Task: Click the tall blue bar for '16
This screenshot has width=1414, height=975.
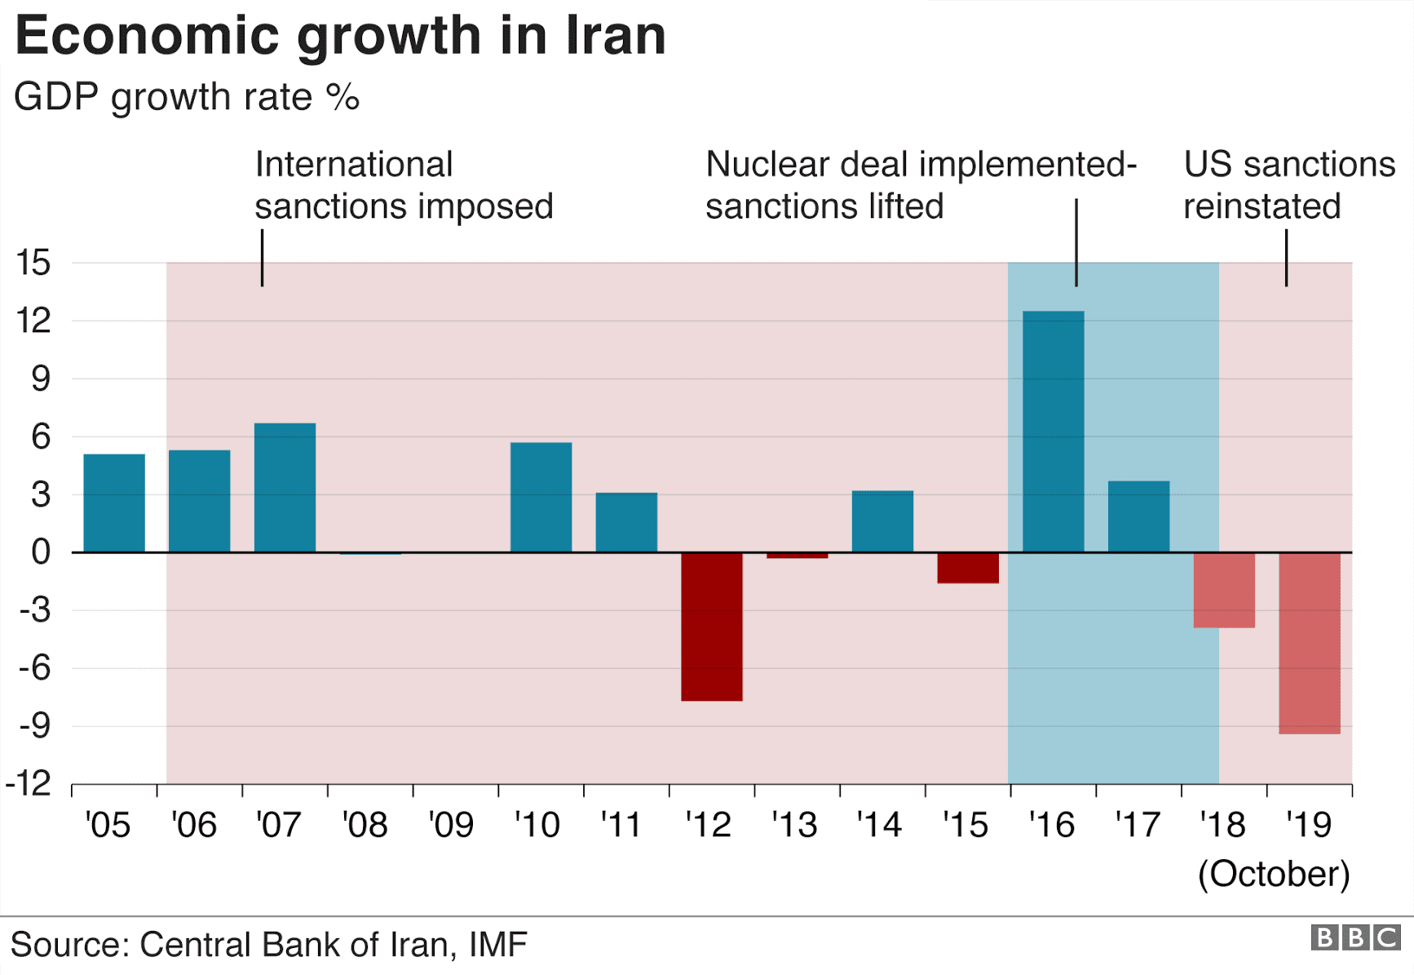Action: (1053, 432)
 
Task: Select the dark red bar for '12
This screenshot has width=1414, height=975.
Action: (711, 626)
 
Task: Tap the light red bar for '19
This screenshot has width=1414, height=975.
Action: (1309, 643)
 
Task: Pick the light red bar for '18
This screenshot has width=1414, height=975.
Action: (1223, 590)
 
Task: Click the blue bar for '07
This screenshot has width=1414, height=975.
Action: (285, 487)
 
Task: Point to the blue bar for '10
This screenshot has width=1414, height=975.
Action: (541, 497)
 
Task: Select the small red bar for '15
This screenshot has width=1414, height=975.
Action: (967, 568)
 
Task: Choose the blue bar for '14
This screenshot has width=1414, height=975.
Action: (882, 521)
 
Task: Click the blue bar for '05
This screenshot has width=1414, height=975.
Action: (114, 503)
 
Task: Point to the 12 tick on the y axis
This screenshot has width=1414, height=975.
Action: (33, 321)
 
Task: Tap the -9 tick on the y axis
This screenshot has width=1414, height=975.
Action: (33, 725)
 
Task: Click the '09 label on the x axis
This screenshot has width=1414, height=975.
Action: (451, 825)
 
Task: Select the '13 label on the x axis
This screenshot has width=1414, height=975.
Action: (793, 825)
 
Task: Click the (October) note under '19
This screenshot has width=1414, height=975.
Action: (1273, 874)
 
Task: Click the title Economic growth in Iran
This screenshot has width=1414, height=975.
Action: (340, 36)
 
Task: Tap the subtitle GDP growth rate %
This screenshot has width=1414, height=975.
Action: (186, 97)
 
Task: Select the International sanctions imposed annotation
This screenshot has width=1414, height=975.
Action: (403, 185)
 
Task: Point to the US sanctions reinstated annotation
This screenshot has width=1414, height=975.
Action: (1288, 185)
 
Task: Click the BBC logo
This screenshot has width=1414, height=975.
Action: (1355, 937)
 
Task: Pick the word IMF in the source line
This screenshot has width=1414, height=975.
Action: (497, 945)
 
